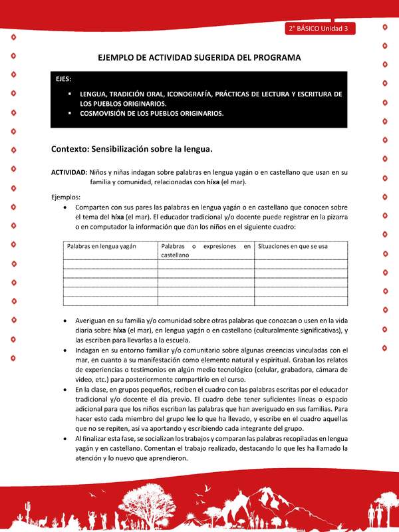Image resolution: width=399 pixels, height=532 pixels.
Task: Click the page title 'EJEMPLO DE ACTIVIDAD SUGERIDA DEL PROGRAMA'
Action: coord(199,58)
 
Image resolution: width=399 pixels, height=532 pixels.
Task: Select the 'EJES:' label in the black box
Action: coord(65,79)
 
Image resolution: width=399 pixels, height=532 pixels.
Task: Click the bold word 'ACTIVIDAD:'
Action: coord(69,172)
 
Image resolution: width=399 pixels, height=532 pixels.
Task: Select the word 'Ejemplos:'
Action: coord(66,197)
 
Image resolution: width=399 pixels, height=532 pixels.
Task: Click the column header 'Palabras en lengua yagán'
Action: coord(101,246)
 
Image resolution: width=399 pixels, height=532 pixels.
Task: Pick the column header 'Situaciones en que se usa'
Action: coord(293,246)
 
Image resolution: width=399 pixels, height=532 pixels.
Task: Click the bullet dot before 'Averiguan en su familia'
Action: coord(64,321)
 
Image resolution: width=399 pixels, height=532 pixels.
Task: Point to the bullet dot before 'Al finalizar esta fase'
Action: coord(64,440)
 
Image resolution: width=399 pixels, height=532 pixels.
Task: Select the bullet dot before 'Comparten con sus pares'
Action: coord(64,207)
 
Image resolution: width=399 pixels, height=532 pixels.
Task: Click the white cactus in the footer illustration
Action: coord(27,513)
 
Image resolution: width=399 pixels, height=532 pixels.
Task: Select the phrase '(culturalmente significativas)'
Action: coord(287,330)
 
